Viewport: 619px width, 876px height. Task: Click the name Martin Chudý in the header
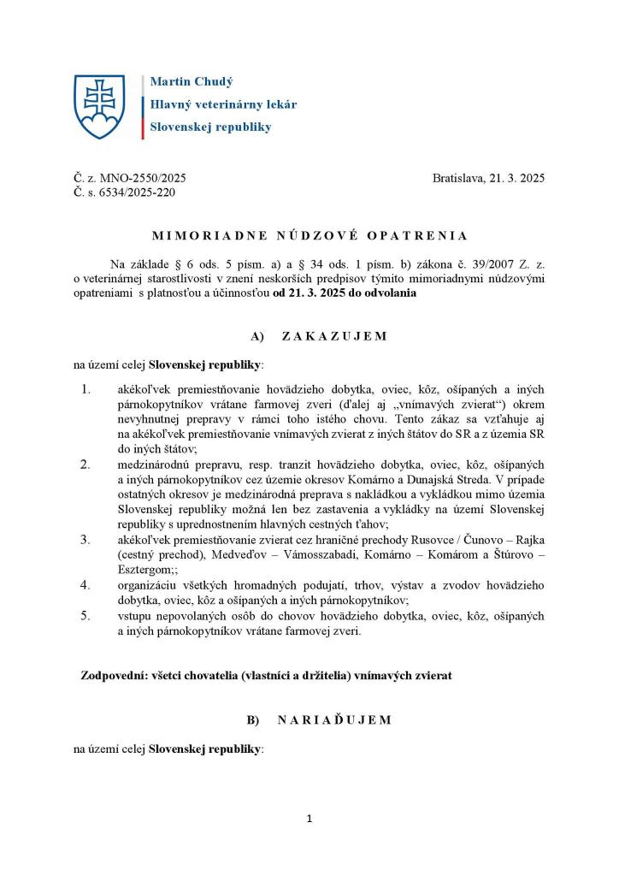[x=192, y=82]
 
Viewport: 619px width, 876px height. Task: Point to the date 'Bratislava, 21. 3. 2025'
[x=488, y=178]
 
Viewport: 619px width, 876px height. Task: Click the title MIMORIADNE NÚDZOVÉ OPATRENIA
[x=309, y=235]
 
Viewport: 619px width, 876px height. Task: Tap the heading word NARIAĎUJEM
[x=334, y=720]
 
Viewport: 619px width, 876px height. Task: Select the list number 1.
[x=85, y=389]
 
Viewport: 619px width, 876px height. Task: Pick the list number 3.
[x=85, y=540]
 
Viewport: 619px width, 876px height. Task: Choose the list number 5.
[x=85, y=615]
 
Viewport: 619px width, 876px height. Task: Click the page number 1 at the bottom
[x=309, y=819]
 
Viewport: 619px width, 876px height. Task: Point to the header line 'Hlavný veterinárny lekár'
[x=223, y=104]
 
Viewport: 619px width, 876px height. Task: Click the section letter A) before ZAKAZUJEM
[x=253, y=336]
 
